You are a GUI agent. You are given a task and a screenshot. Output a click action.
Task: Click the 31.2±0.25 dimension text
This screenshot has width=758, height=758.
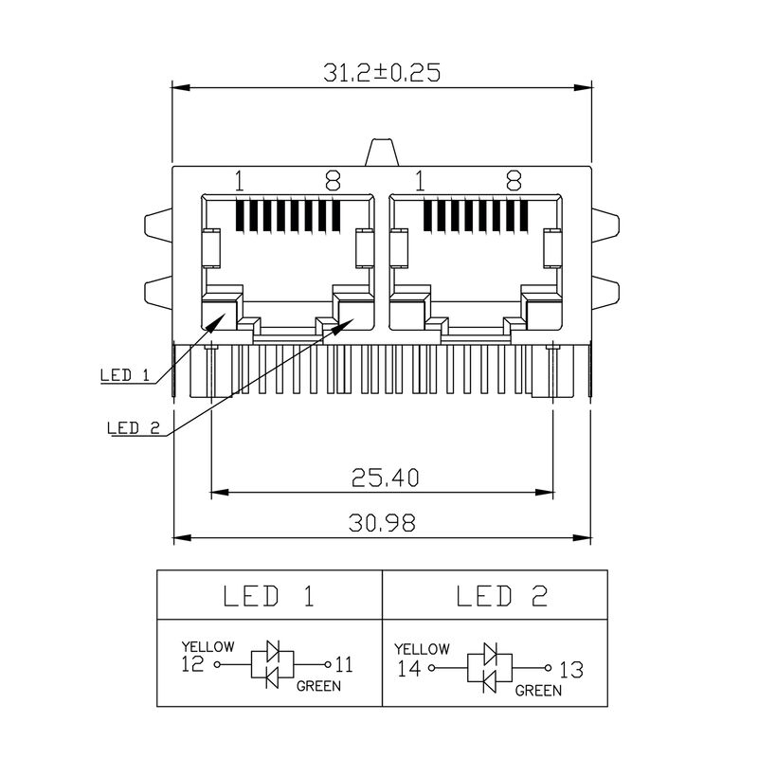(x=382, y=73)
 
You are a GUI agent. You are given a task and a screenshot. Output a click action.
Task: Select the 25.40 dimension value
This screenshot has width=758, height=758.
(x=383, y=478)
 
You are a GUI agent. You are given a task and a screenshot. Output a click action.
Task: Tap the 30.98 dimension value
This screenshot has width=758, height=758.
(x=383, y=523)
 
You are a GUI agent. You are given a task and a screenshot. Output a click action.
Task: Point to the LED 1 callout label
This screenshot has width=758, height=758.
(x=125, y=375)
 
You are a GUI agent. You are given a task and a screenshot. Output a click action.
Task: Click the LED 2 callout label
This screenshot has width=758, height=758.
(x=134, y=427)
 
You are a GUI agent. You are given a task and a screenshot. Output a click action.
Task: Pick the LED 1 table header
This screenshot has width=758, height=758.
(x=268, y=596)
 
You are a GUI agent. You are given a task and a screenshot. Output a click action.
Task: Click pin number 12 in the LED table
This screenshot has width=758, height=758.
(x=191, y=664)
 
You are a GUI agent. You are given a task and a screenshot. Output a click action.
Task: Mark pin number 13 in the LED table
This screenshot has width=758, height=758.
(x=570, y=669)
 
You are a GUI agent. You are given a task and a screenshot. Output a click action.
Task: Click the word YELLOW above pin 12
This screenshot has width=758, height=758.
(x=208, y=647)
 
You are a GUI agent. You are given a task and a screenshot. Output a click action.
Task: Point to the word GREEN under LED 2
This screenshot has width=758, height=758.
(x=537, y=692)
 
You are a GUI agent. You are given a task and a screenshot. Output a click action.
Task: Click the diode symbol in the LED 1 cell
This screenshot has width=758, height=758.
(x=270, y=664)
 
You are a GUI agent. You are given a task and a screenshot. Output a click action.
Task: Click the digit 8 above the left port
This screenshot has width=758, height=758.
(x=333, y=181)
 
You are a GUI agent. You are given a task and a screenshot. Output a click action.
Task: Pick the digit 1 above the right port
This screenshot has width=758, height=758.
(x=418, y=181)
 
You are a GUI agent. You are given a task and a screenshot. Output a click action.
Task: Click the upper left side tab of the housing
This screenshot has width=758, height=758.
(x=157, y=226)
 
